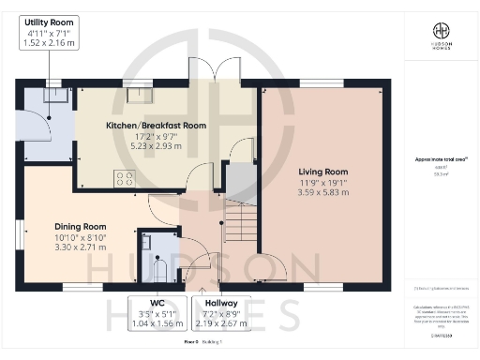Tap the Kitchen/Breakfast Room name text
click(x=155, y=125)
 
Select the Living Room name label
click(x=323, y=172)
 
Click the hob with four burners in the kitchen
click(x=124, y=178)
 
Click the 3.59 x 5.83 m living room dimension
click(x=323, y=193)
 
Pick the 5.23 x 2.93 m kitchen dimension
click(x=155, y=146)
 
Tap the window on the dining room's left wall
click(x=19, y=235)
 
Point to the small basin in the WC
click(x=146, y=243)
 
